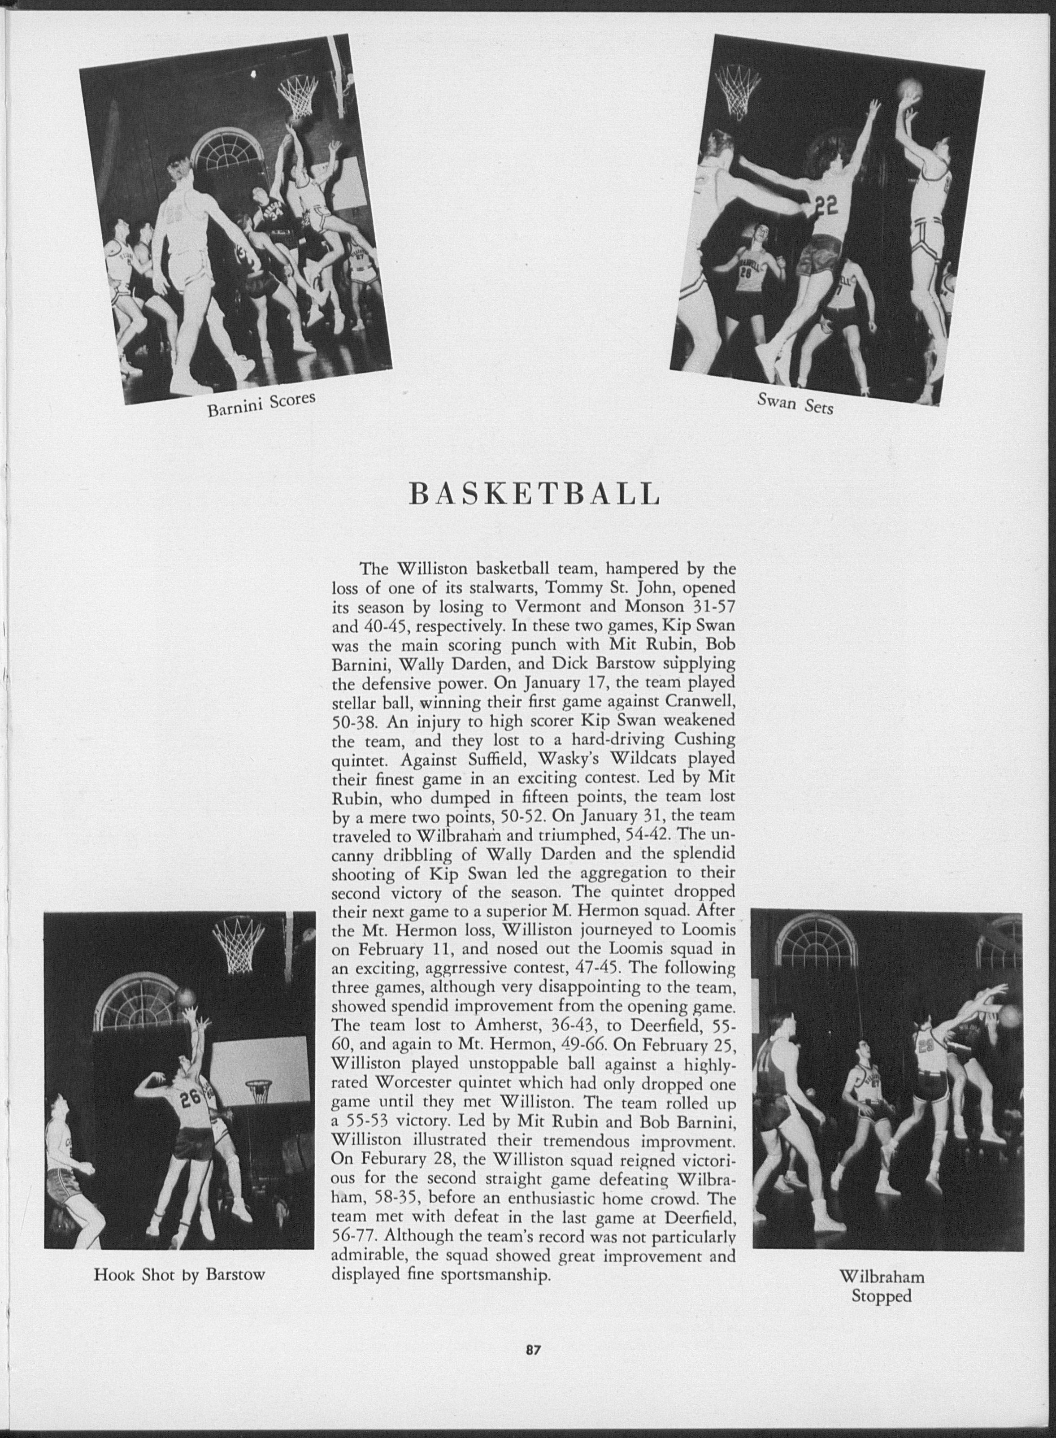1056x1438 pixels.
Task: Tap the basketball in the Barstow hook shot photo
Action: (185, 996)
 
